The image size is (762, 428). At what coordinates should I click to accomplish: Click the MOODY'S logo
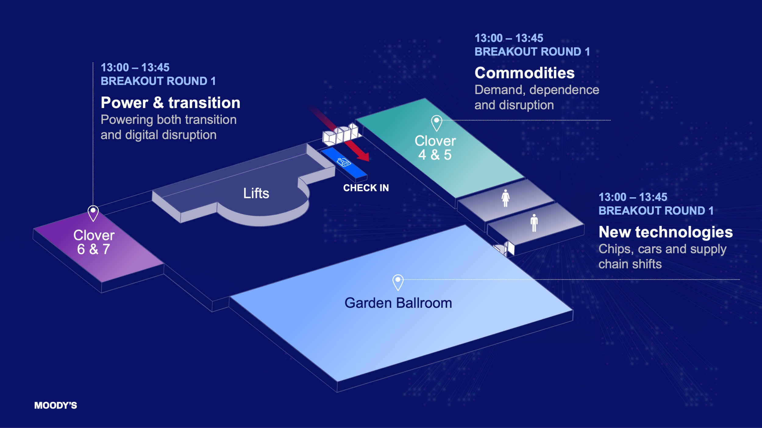55,405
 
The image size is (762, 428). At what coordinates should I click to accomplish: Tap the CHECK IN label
366,188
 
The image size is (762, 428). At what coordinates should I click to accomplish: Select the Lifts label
256,193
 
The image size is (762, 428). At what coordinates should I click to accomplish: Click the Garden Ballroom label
398,303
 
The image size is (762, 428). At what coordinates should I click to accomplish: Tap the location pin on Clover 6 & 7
93,213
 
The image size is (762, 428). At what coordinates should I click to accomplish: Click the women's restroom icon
505,198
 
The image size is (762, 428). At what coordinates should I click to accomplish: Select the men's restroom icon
534,223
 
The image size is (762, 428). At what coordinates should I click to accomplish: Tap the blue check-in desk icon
344,162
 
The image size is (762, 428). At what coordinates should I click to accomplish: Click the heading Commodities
524,73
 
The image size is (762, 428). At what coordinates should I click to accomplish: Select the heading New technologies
666,232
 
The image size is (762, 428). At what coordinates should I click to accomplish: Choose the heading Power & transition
170,103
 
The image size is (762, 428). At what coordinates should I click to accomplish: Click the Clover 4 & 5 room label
435,148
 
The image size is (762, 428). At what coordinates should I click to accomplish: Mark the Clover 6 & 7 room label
94,242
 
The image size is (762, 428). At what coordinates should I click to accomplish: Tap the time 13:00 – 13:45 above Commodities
509,38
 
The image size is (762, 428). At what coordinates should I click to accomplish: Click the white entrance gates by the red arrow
341,134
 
